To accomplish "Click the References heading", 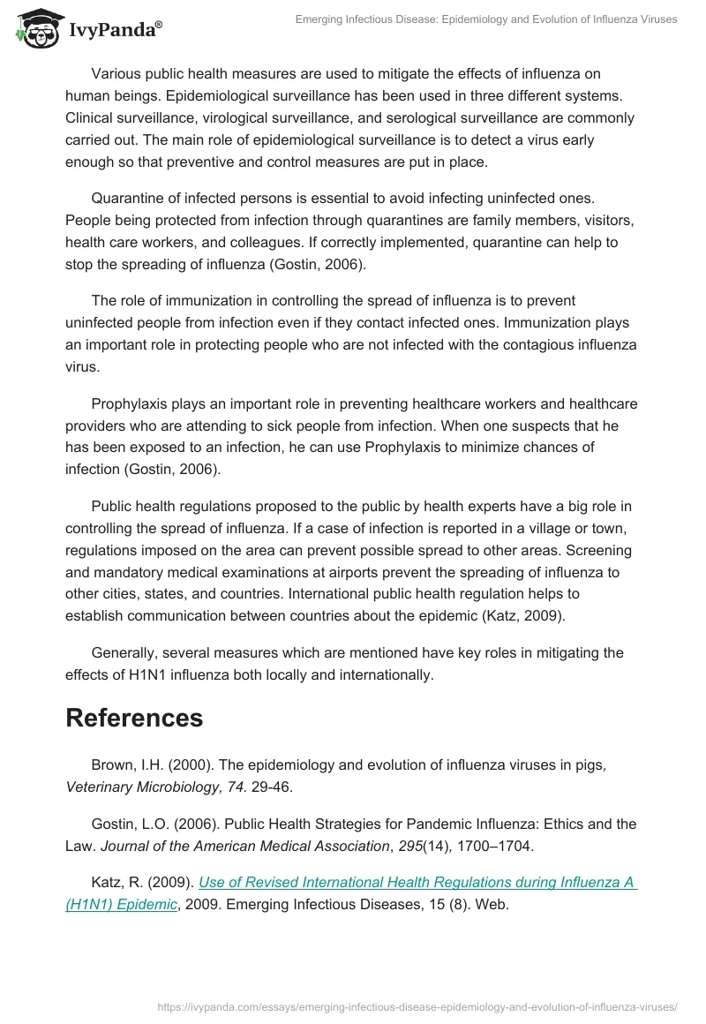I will point(134,718).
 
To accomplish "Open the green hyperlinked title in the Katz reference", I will point(351,893).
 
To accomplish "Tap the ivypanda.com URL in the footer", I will point(417,1005).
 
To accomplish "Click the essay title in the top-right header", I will point(485,19).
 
